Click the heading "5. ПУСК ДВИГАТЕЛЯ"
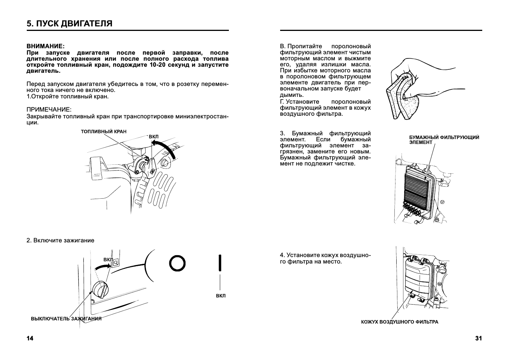69,23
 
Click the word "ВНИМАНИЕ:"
45,46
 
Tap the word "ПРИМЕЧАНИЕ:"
49,109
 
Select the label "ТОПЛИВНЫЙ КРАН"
104,132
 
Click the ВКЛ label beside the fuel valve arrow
153,136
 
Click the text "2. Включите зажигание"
60,241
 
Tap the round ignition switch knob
100,289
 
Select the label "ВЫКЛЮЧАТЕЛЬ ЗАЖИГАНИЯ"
66,319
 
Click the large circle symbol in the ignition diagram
177,263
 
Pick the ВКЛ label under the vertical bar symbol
221,296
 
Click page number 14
30,338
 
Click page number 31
478,338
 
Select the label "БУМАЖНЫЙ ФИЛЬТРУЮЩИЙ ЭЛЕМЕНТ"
444,140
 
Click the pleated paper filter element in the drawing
417,188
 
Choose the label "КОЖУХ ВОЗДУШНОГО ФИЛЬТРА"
399,322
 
